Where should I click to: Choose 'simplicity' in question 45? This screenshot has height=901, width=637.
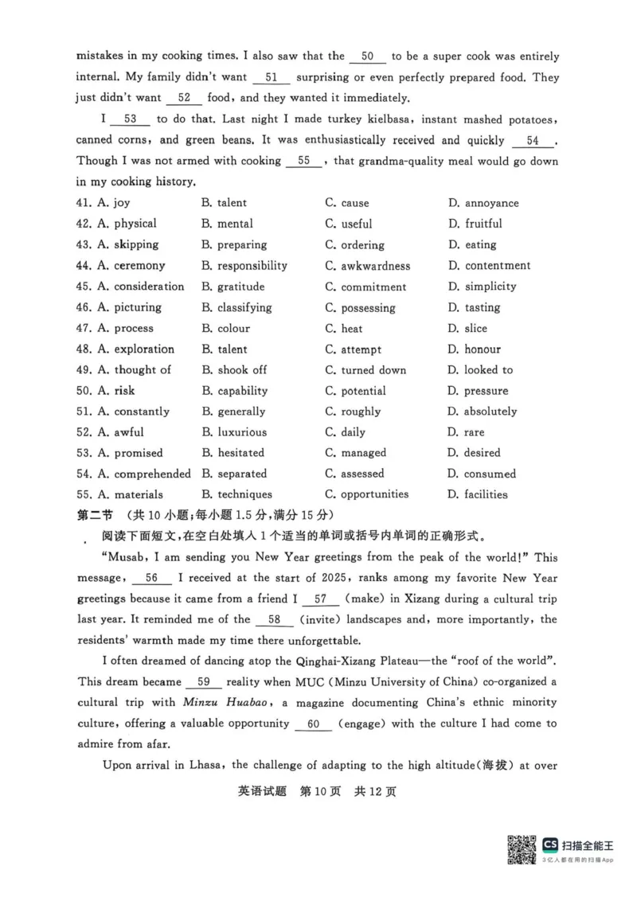pyautogui.click(x=490, y=287)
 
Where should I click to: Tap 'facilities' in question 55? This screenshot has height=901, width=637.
pyautogui.click(x=486, y=494)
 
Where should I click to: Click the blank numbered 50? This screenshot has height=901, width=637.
pyautogui.click(x=367, y=57)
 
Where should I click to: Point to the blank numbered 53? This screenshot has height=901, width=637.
pyautogui.click(x=131, y=119)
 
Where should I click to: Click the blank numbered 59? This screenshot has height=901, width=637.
pyautogui.click(x=203, y=681)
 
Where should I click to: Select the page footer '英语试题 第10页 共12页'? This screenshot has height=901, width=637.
pyautogui.click(x=317, y=791)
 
